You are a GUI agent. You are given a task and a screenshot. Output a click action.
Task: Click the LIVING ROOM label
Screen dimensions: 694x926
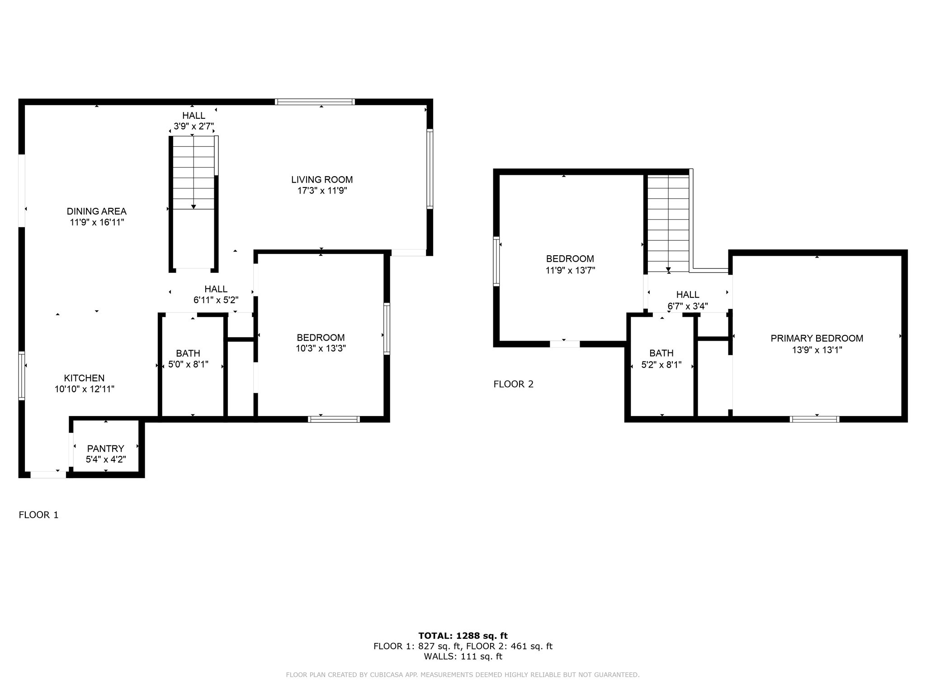[x=321, y=180]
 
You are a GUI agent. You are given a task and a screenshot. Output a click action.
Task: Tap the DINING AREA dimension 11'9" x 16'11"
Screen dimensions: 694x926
[x=97, y=222]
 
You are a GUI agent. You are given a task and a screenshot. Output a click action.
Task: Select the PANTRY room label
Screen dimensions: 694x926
[x=105, y=449]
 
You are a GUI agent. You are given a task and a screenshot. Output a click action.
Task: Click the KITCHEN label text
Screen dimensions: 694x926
[x=84, y=378]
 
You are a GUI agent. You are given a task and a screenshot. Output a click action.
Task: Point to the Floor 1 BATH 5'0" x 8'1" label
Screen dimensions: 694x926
[x=188, y=359]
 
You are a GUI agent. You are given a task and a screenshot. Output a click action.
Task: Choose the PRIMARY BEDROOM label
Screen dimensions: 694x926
[x=817, y=338]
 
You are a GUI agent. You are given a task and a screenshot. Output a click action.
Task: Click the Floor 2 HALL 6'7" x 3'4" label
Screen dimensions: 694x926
[x=687, y=300]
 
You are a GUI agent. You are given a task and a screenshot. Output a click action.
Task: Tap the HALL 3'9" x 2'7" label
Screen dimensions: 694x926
[x=194, y=121]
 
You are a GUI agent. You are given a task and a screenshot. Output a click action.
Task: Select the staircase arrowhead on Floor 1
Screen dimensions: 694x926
[x=194, y=206]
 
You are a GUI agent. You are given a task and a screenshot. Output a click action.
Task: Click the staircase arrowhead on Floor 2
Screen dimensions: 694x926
[x=668, y=270]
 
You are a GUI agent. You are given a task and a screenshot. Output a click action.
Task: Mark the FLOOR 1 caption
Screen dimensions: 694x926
[x=38, y=515]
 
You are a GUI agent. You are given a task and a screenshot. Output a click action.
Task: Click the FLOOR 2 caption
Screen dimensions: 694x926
[x=513, y=384]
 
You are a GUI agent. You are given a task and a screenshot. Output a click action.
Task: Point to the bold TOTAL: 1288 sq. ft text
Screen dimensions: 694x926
[x=463, y=636]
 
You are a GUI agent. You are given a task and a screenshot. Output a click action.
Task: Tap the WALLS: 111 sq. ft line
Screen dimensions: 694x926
[x=463, y=656]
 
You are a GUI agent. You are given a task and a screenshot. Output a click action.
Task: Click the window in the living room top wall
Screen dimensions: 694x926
[x=315, y=102]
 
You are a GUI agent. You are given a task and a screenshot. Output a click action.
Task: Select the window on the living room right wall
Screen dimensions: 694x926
[x=430, y=169]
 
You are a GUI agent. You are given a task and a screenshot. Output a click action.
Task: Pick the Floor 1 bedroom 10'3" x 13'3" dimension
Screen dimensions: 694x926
[x=321, y=348]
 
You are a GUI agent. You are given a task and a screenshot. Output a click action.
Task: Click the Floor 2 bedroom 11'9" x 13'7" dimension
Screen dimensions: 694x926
[x=570, y=270]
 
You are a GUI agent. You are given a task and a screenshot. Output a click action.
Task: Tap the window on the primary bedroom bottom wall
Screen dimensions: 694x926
[x=814, y=419]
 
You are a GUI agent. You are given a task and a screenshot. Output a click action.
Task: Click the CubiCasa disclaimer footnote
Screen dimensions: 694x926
[x=463, y=675]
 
